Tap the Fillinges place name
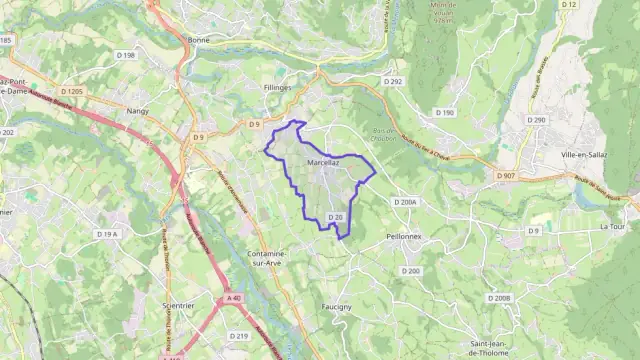[x=277, y=88]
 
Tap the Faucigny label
[x=337, y=307]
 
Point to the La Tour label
[x=613, y=226]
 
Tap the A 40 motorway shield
[x=234, y=298]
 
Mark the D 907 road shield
[x=506, y=176]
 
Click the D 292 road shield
[x=392, y=81]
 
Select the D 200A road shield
[x=405, y=202]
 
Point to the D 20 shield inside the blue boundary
[x=337, y=217]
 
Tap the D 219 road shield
[x=238, y=336]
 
